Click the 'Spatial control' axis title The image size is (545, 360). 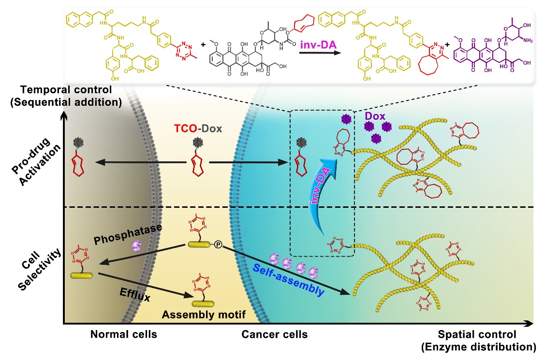point(476,334)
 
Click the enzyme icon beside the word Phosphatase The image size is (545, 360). point(136,247)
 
